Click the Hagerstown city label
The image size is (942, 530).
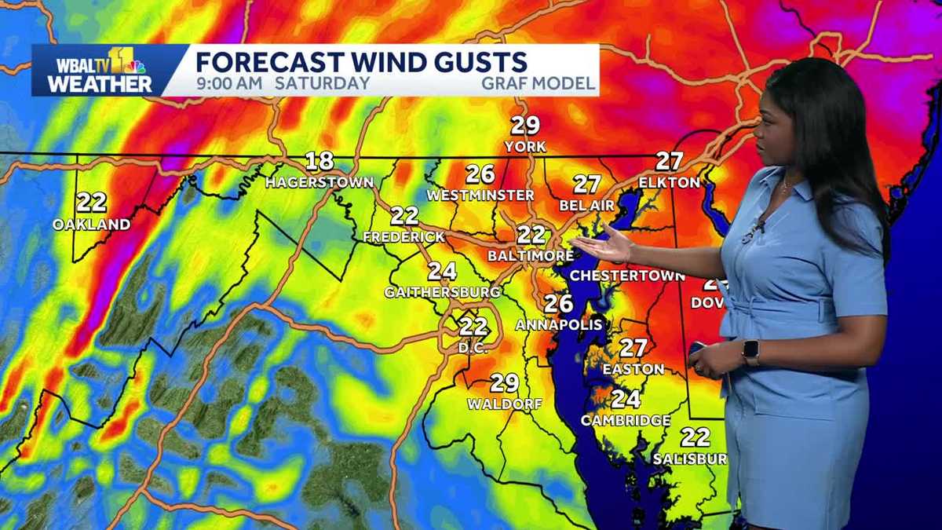coord(319,182)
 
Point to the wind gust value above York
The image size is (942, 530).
coord(526,126)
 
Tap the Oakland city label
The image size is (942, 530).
coord(92,225)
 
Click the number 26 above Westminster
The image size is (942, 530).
coord(480,174)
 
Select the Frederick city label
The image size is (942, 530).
coord(404,236)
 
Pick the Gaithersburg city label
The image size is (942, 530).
coord(443,292)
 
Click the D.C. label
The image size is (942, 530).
coord(474,347)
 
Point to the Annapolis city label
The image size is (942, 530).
coord(559,324)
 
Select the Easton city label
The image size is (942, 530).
coord(633,368)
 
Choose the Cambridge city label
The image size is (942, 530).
coord(626,420)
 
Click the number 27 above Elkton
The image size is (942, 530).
coord(669,161)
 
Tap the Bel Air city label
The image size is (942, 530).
coord(586,205)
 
